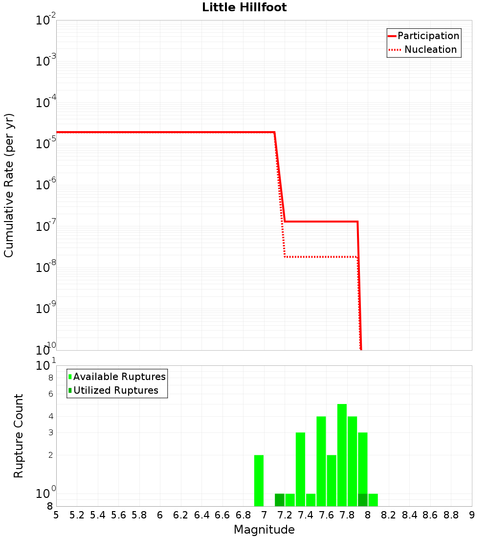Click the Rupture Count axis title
point(19,436)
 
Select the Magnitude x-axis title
point(264,530)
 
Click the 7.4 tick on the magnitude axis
point(305,515)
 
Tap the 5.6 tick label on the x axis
point(118,515)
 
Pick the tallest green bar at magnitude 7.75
point(342,455)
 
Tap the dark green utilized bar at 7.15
point(280,500)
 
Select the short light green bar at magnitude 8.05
point(373,500)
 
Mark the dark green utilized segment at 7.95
point(362,500)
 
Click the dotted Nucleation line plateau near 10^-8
point(320,257)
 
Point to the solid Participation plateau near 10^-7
point(320,222)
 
